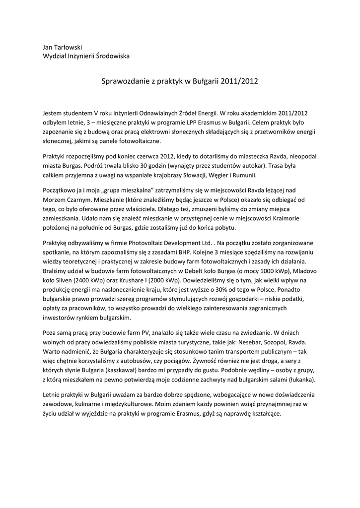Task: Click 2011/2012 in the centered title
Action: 240,80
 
